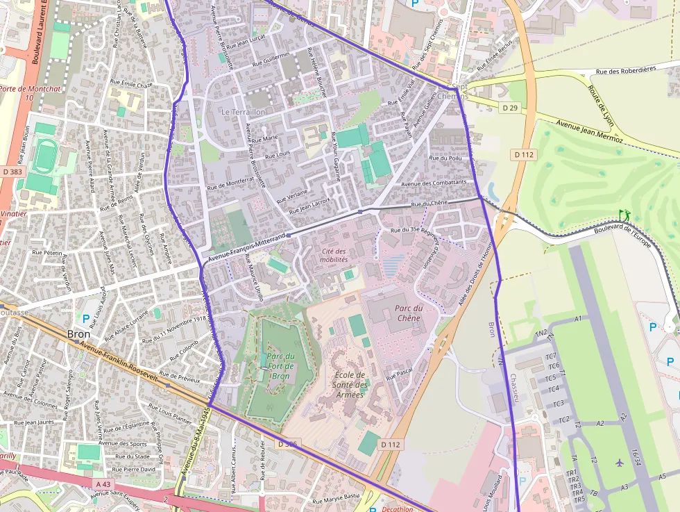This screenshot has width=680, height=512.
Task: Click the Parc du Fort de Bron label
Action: [x=280, y=366]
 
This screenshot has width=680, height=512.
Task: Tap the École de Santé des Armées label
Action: [x=350, y=385]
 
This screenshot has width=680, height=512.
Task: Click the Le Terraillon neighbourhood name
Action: [x=243, y=111]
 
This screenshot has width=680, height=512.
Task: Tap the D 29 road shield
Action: [x=509, y=108]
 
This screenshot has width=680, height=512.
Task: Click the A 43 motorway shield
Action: [x=103, y=484]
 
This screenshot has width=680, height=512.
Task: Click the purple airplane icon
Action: [x=619, y=462]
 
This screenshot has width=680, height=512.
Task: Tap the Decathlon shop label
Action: [x=398, y=509]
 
